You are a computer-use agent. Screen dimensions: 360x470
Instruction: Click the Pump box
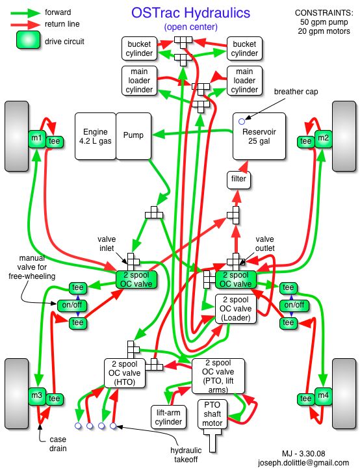(133, 136)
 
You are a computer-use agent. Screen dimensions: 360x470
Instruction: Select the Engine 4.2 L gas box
(96, 136)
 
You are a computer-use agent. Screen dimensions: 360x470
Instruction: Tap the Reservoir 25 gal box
(259, 136)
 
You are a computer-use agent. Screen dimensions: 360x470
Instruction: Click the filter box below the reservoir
(238, 180)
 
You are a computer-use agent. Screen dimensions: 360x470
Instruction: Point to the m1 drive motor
(37, 138)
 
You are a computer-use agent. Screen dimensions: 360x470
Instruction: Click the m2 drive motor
(323, 138)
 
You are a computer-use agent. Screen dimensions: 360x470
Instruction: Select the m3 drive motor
(37, 397)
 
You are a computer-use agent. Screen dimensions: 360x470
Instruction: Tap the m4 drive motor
(323, 397)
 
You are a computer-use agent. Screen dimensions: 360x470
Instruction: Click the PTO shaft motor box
(212, 414)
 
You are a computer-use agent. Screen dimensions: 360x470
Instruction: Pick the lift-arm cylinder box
(168, 417)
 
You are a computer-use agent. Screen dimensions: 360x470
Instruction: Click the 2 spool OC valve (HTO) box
(125, 373)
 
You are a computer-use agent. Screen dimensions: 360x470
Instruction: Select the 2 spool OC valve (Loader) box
(236, 309)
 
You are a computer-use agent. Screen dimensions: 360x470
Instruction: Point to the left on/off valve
(72, 305)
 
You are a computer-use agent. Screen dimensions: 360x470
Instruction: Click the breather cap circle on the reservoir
(242, 122)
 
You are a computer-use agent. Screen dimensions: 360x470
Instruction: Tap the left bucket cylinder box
(139, 49)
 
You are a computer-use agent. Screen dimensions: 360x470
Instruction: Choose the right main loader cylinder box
(244, 81)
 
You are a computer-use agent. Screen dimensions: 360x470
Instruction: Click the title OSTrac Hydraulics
(190, 13)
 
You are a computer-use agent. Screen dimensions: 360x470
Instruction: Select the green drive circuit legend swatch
(28, 40)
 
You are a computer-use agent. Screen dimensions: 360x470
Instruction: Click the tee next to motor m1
(55, 142)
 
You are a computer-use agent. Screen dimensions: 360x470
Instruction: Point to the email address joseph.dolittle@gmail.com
(303, 463)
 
